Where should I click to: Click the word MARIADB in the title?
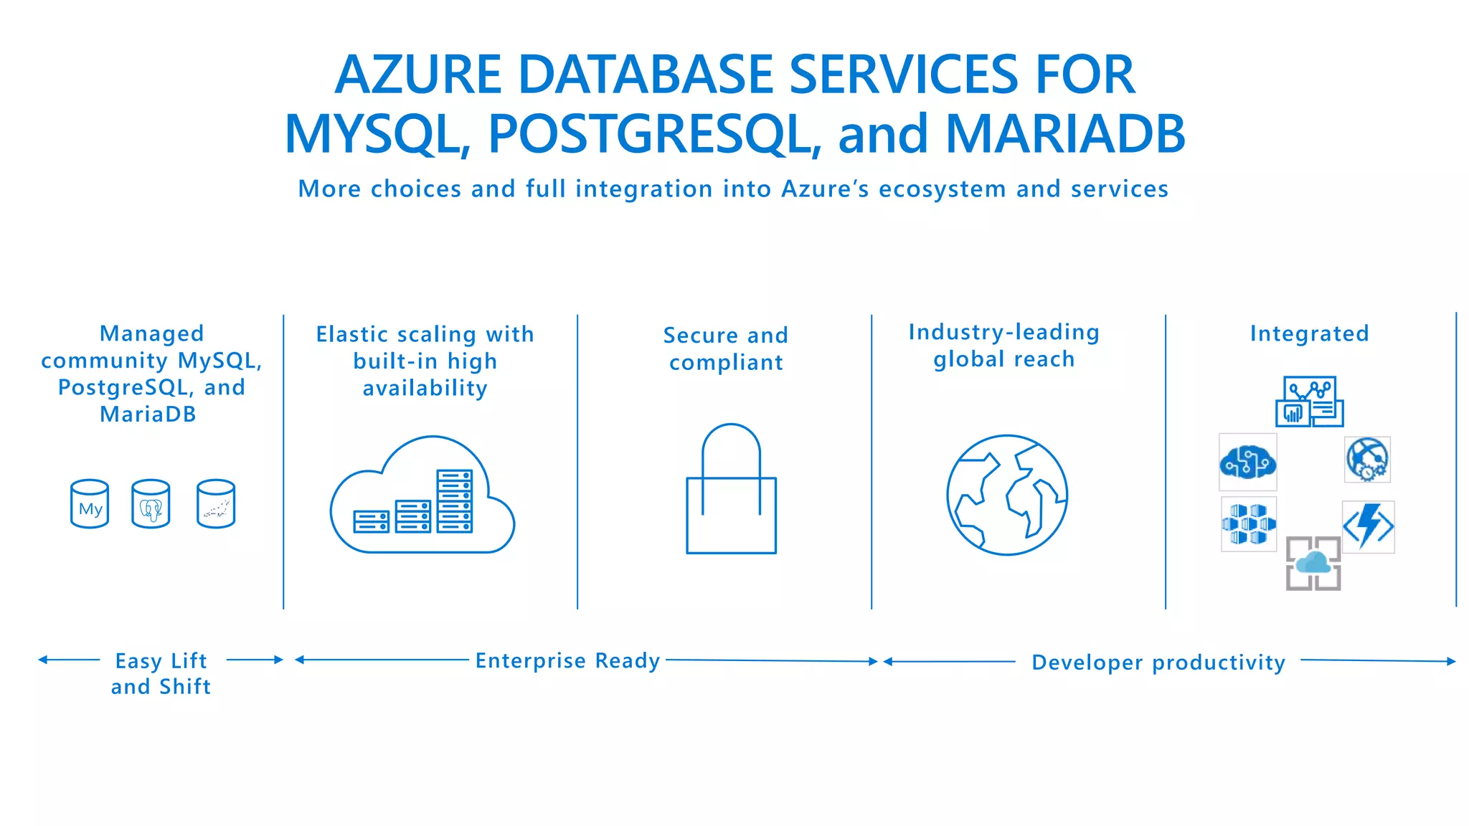pyautogui.click(x=1065, y=134)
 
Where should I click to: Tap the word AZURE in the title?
pyautogui.click(x=418, y=75)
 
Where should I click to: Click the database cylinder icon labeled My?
pyautogui.click(x=90, y=504)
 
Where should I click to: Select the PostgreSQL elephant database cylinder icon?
pyautogui.click(x=151, y=504)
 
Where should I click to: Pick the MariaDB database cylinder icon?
pyautogui.click(x=216, y=504)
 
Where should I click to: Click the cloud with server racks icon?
pyautogui.click(x=422, y=497)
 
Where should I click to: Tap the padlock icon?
pyautogui.click(x=731, y=490)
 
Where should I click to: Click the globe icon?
pyautogui.click(x=1007, y=495)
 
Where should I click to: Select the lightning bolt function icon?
pyautogui.click(x=1369, y=526)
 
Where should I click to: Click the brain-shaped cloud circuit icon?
pyautogui.click(x=1248, y=462)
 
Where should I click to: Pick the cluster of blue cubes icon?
pyautogui.click(x=1249, y=524)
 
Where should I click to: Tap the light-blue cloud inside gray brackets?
pyautogui.click(x=1313, y=564)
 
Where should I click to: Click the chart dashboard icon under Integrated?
pyautogui.click(x=1309, y=402)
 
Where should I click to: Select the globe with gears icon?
pyautogui.click(x=1367, y=460)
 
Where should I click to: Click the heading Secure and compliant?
pyautogui.click(x=726, y=348)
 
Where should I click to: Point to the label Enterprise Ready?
pyautogui.click(x=567, y=660)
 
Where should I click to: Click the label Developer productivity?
pyautogui.click(x=1158, y=663)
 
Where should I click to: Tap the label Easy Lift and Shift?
pyautogui.click(x=161, y=673)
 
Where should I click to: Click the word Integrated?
pyautogui.click(x=1309, y=333)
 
